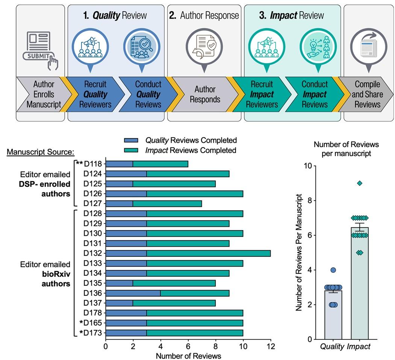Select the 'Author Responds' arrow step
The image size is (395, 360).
205,94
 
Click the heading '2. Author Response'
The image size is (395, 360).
204,16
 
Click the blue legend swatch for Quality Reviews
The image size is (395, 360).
131,140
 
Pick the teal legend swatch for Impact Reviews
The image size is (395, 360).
131,150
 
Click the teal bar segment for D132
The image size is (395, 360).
209,253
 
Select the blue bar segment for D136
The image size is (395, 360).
133,293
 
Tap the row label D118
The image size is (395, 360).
93,164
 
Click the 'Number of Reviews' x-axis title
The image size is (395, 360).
188,356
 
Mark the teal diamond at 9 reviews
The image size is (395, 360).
360,183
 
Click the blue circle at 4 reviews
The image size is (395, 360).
333,270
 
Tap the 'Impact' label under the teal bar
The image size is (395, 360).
359,346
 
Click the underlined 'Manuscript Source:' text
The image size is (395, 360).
41,152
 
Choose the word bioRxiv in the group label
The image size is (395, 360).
56,274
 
